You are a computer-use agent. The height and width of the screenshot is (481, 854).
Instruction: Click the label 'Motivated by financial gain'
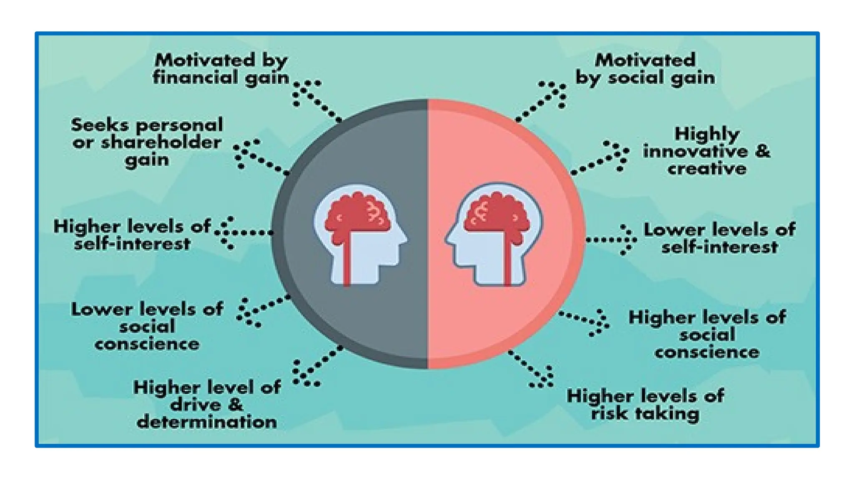click(x=221, y=69)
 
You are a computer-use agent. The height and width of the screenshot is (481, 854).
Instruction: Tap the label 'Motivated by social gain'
click(x=645, y=69)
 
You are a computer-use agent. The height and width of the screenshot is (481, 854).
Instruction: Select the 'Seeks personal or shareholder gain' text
click(x=147, y=142)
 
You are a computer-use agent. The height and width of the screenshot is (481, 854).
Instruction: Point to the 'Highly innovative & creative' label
click(x=706, y=151)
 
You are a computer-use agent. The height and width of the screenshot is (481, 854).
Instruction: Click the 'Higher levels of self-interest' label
click(x=132, y=235)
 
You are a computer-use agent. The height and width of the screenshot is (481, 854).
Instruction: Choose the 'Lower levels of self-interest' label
click(x=719, y=238)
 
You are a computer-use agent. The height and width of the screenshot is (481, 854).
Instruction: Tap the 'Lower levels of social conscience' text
click(x=147, y=327)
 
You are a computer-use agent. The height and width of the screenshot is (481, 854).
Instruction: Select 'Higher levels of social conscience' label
click(x=707, y=334)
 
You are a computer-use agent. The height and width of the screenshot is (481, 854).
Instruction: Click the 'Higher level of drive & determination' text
click(x=207, y=405)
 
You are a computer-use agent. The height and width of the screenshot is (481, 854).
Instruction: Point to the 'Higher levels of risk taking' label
click(x=645, y=405)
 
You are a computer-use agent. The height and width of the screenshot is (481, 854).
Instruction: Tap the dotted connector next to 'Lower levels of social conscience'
click(x=263, y=309)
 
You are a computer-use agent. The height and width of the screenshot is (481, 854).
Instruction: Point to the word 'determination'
click(x=207, y=422)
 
